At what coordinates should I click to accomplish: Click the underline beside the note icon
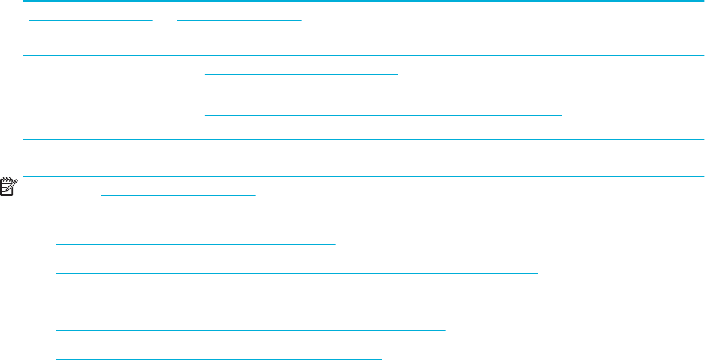[178, 194]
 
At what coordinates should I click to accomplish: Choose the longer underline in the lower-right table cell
[383, 115]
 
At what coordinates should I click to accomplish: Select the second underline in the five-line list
[296, 270]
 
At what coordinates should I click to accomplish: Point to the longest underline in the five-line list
[327, 301]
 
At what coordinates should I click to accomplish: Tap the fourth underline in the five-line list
[250, 330]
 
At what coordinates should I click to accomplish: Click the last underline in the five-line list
[219, 357]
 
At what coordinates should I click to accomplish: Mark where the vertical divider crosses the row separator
[171, 55]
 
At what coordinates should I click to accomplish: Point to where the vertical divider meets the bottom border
[171, 140]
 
